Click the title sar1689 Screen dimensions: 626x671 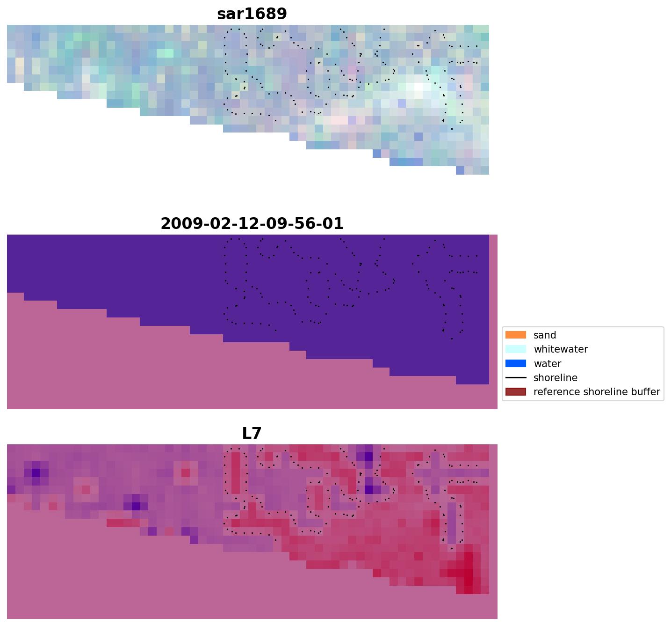252,14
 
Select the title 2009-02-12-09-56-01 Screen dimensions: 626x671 252,224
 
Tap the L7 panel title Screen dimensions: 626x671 252,434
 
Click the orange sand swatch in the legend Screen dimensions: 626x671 515,335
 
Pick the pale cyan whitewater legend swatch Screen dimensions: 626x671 515,349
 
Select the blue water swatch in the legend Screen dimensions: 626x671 515,363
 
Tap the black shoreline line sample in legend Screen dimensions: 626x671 515,377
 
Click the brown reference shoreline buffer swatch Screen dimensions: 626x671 515,391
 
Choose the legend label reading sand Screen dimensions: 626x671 544,335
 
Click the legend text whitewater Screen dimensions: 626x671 560,349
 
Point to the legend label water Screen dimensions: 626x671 547,364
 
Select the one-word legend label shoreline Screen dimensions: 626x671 555,378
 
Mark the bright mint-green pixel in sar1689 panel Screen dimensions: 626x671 165,53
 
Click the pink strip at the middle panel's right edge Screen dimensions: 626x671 493,318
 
